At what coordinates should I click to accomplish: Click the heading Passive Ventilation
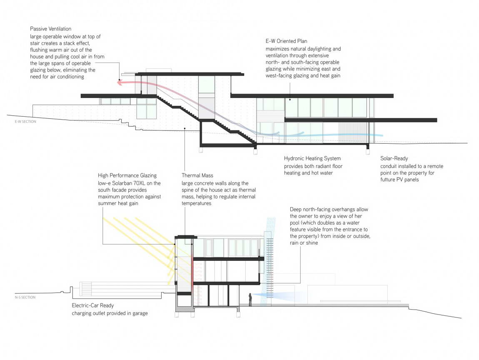coord(51,29)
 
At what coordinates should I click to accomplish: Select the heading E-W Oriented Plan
coord(286,41)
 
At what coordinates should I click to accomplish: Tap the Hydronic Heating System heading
coord(312,158)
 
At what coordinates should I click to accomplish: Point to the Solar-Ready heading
coord(394,158)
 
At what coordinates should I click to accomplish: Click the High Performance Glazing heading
coord(127,175)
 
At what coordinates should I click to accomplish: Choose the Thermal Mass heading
coord(197,175)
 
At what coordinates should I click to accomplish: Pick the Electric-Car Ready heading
coord(93,305)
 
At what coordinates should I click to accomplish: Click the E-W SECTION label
coord(25,122)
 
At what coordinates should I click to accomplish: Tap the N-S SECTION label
coord(25,297)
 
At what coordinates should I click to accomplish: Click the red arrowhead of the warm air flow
coord(120,82)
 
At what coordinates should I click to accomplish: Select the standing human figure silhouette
coord(250,300)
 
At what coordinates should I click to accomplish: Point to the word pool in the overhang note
coord(295,223)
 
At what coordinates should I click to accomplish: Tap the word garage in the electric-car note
coord(140,313)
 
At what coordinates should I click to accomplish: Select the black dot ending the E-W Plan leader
coord(290,99)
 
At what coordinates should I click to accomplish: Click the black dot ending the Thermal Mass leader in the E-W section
coord(185,128)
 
